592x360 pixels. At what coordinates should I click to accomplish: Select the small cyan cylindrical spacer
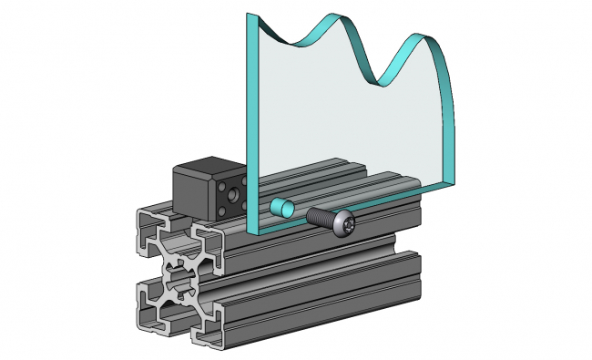[x=281, y=208]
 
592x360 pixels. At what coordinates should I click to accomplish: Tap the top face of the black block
[x=209, y=167]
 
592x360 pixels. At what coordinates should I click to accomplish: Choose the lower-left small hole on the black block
[x=225, y=211]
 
